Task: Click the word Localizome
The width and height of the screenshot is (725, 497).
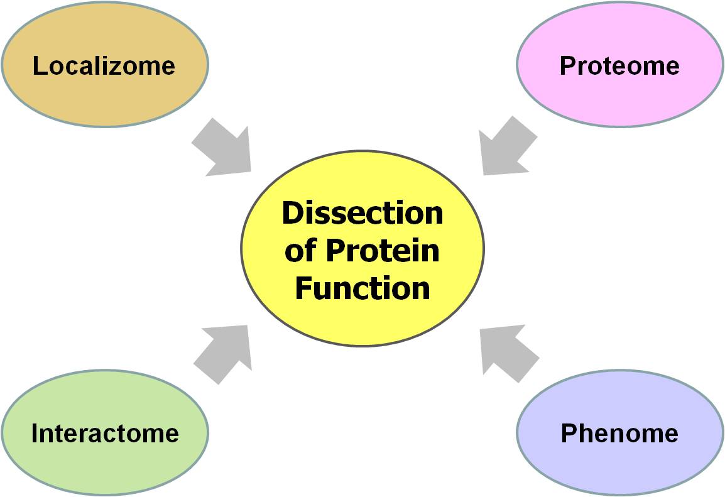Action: [104, 65]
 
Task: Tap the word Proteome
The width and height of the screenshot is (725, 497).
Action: [619, 65]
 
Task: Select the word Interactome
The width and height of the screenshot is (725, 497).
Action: [105, 433]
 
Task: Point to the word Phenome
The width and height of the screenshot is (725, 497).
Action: [619, 433]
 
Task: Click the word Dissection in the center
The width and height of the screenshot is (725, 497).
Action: [362, 213]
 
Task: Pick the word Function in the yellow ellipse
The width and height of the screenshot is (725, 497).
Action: [362, 288]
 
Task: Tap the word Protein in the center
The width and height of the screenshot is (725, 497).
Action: [382, 251]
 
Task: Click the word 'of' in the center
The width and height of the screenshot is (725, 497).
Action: [300, 251]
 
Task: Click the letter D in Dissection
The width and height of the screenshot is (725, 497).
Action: [292, 213]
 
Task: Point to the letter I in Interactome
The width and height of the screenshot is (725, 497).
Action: [35, 433]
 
